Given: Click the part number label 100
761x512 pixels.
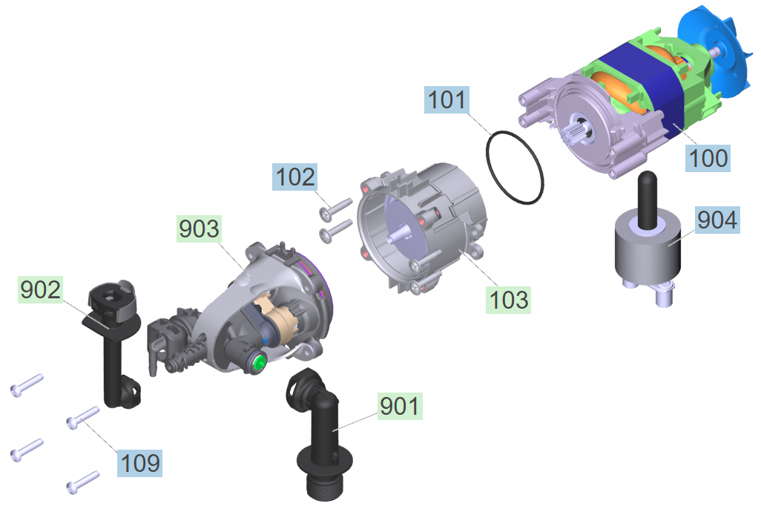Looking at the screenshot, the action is [x=708, y=158].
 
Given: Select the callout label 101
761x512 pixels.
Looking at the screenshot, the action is [x=447, y=100].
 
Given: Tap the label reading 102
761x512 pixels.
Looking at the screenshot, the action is [x=294, y=177].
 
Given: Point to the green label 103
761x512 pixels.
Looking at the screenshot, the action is [x=508, y=300].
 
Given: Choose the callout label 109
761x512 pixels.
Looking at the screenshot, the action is [x=139, y=463].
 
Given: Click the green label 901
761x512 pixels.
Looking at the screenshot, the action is [x=400, y=406].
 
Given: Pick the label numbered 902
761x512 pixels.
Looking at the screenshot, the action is [x=40, y=289].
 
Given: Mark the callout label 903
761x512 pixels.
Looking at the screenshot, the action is [x=199, y=229].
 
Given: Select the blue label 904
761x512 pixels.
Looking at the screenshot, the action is [x=717, y=220].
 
